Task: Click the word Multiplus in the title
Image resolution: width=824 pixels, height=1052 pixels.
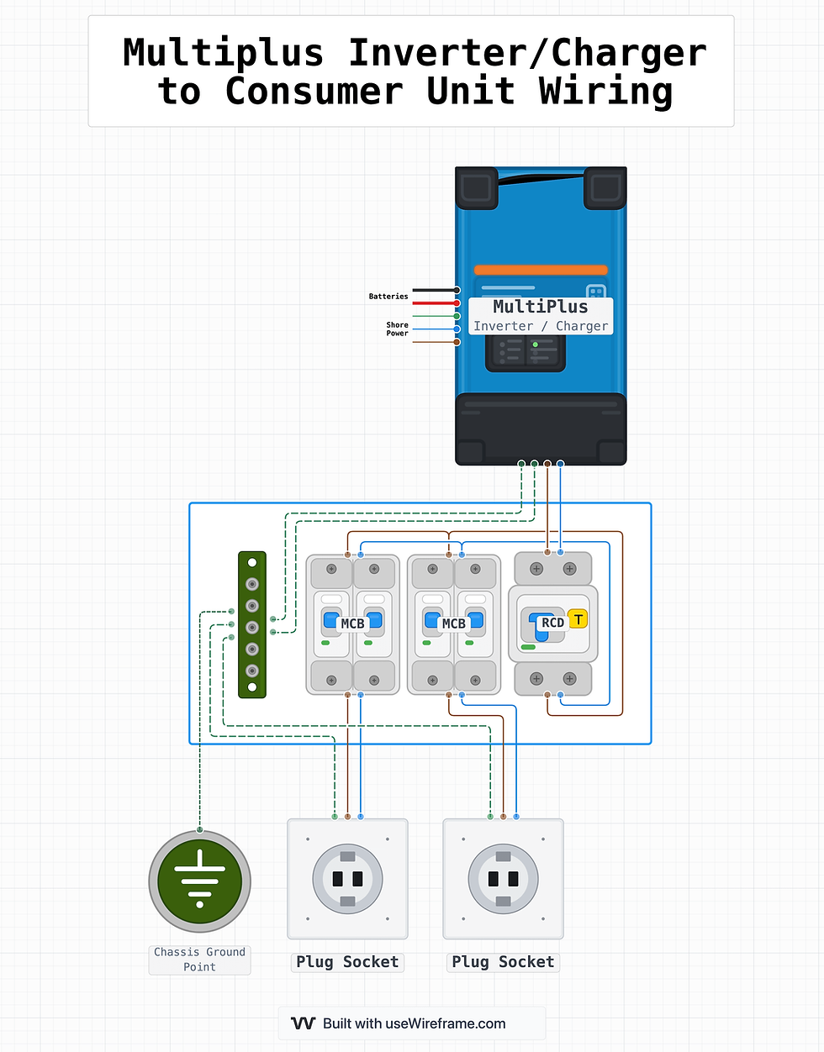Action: click(x=223, y=53)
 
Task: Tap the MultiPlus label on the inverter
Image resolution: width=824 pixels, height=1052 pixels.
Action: click(x=540, y=307)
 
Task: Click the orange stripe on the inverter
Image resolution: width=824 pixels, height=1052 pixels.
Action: click(x=540, y=270)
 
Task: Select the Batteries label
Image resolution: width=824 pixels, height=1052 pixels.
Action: click(x=388, y=297)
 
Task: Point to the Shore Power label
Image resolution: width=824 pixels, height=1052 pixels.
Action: click(x=397, y=329)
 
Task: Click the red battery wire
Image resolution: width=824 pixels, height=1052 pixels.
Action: click(x=433, y=302)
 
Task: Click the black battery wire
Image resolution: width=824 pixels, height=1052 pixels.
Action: click(x=433, y=290)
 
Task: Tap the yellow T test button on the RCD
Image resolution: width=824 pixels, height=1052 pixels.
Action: click(x=578, y=619)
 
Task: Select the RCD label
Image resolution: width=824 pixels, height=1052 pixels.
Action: click(x=552, y=623)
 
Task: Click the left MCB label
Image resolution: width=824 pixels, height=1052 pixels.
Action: click(x=352, y=623)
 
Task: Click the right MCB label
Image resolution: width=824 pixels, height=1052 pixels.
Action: click(x=453, y=623)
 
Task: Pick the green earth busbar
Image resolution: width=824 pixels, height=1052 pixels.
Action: click(x=252, y=624)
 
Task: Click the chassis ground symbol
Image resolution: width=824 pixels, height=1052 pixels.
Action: click(x=199, y=881)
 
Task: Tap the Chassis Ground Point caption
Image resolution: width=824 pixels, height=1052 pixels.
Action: click(x=199, y=959)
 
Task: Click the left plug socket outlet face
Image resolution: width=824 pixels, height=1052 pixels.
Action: click(x=347, y=879)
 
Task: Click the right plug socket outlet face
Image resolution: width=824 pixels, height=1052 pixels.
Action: click(x=503, y=879)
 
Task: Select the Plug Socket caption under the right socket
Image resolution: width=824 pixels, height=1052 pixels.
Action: click(x=503, y=962)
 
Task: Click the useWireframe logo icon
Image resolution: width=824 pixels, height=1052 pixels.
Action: click(x=303, y=1023)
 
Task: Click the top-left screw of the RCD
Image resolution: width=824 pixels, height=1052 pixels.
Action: click(x=536, y=569)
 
